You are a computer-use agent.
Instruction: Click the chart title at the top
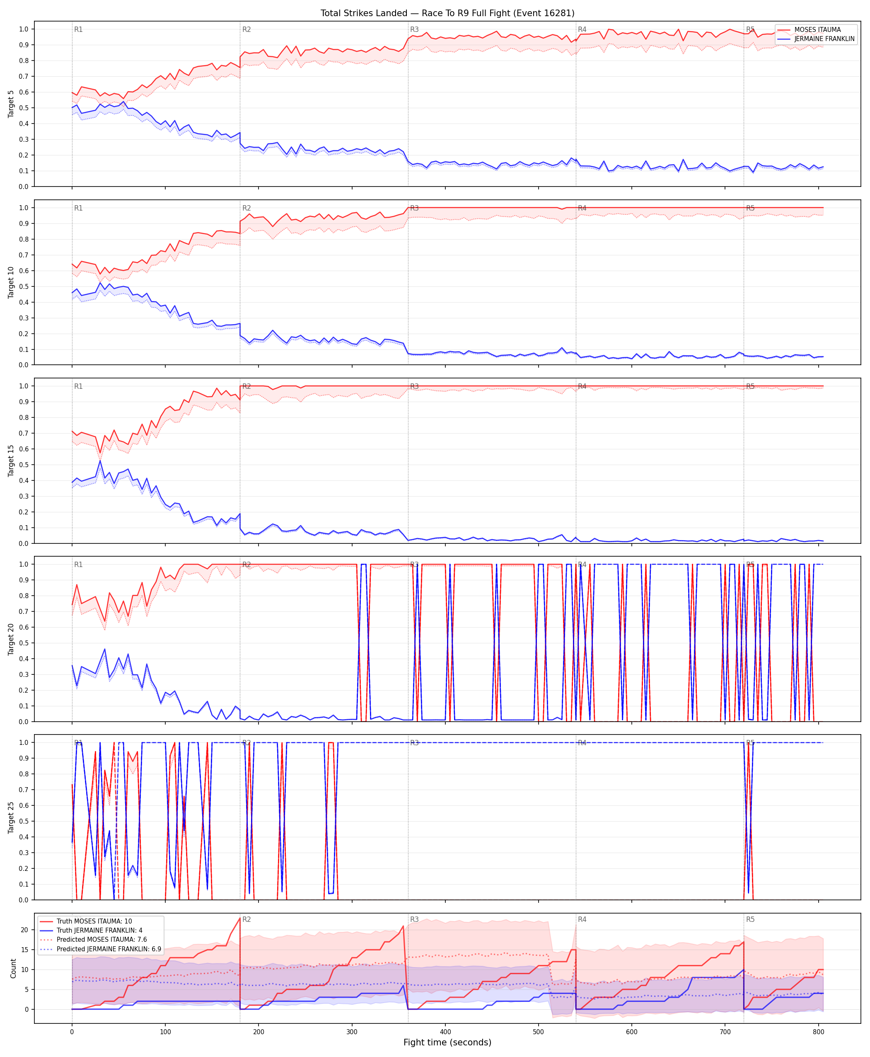pyautogui.click(x=447, y=13)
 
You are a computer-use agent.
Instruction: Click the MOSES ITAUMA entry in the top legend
pyautogui.click(x=817, y=29)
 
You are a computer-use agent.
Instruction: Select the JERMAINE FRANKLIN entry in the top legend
pyautogui.click(x=824, y=39)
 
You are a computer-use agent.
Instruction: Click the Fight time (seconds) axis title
pyautogui.click(x=447, y=1042)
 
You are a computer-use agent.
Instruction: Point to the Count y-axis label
pyautogui.click(x=13, y=969)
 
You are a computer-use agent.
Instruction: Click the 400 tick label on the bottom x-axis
pyautogui.click(x=445, y=1032)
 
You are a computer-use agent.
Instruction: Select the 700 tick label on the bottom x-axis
pyautogui.click(x=725, y=1032)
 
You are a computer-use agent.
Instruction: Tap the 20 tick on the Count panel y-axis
pyautogui.click(x=24, y=930)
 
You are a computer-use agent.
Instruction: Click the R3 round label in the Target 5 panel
pyautogui.click(x=414, y=29)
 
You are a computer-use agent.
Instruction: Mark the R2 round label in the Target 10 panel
pyautogui.click(x=247, y=208)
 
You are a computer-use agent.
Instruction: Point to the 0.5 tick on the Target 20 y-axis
pyautogui.click(x=24, y=643)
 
